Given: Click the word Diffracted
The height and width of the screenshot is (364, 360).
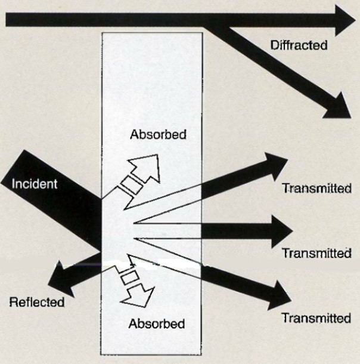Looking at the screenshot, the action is (299, 45).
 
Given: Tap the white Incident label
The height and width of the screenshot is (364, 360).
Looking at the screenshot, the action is (35, 184).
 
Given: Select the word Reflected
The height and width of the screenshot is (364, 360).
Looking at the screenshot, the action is (36, 303).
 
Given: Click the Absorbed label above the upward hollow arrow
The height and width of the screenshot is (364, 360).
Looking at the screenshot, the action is (159, 134).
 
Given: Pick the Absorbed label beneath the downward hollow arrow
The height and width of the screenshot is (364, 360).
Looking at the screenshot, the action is (157, 323).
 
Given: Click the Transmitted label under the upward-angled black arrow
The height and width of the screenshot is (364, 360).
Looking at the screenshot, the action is (316, 189).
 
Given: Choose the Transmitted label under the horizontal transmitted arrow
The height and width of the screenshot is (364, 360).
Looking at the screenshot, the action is (316, 253).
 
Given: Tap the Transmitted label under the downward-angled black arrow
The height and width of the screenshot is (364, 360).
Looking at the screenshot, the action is (316, 318).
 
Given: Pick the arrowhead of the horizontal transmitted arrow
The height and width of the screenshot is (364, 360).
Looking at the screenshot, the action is (282, 231).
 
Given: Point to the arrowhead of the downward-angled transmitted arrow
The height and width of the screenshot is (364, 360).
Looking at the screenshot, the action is (280, 297).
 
